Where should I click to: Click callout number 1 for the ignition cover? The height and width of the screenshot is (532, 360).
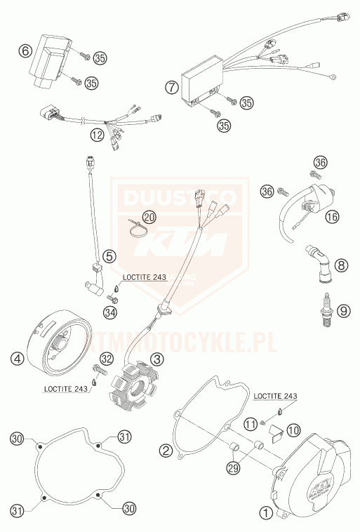click(x=266, y=513)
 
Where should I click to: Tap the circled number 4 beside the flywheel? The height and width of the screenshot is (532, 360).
click(x=15, y=359)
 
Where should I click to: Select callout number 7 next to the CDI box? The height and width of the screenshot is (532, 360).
click(x=171, y=88)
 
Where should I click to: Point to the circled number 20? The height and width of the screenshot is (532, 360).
click(x=148, y=218)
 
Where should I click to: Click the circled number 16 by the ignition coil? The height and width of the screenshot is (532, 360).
click(x=332, y=217)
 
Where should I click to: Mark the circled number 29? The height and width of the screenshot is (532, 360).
click(x=232, y=467)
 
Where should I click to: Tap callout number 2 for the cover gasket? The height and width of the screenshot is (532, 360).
click(x=166, y=450)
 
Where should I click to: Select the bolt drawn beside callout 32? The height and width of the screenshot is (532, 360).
click(x=95, y=370)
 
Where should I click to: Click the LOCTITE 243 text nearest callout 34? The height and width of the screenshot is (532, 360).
click(x=144, y=277)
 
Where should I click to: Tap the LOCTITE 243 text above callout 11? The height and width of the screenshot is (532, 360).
click(x=275, y=397)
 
